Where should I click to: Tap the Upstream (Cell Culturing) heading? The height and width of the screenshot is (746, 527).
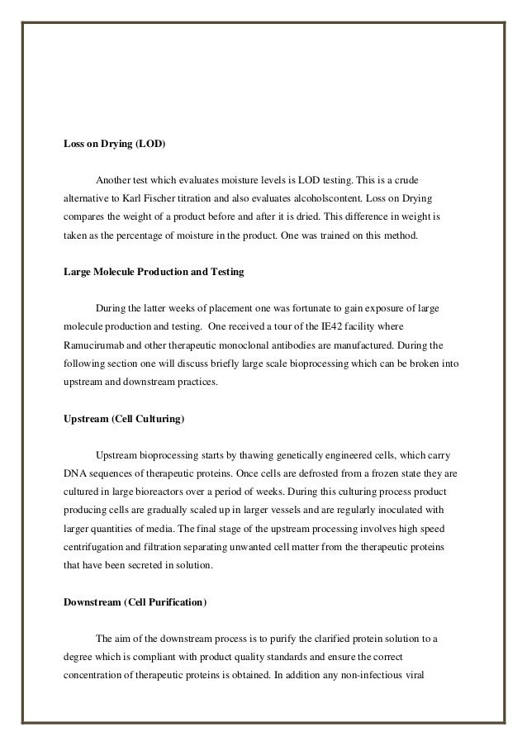pyautogui.click(x=124, y=419)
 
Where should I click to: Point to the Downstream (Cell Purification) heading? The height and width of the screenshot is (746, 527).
pyautogui.click(x=135, y=602)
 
